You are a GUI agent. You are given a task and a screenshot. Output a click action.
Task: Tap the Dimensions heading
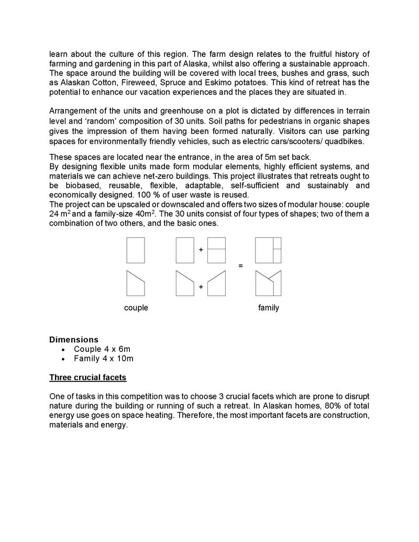pos(73,340)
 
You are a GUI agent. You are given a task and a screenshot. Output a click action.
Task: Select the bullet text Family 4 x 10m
pos(104,359)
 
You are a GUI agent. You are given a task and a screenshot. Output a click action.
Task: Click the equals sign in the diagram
pos(241,266)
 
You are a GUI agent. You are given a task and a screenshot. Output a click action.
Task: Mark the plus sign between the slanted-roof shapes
pos(201,287)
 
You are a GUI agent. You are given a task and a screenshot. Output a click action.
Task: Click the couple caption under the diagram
pos(136,308)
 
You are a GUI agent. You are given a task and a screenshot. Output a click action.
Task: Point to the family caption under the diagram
pos(268,308)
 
